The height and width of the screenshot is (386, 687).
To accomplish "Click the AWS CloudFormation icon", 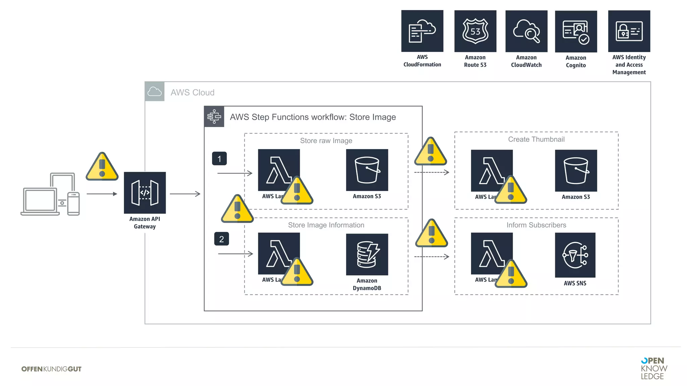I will [x=422, y=31].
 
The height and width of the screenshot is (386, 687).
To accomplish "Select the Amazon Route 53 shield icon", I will [x=475, y=31].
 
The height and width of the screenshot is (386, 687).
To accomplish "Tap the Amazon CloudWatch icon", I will [x=526, y=31].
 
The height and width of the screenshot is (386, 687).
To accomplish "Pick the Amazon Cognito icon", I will [x=576, y=31].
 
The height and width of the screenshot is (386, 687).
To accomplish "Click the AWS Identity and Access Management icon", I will [x=629, y=31].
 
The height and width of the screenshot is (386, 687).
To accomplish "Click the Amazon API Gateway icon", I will [x=145, y=193].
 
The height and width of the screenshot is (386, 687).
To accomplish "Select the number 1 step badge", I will [x=219, y=158].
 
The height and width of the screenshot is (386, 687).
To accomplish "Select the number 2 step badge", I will [x=221, y=239].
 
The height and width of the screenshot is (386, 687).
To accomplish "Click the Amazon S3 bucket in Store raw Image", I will [x=367, y=170].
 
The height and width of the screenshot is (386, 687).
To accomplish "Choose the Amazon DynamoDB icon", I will [x=367, y=254].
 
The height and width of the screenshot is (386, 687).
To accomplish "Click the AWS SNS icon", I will [x=575, y=255].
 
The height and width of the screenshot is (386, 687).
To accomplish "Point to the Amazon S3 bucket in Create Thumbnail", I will [x=576, y=171].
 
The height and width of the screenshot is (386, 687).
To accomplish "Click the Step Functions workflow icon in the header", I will [x=214, y=117].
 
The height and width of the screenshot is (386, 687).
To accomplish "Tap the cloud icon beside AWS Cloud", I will [x=154, y=91].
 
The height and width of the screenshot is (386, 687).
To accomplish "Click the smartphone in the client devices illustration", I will [x=73, y=203].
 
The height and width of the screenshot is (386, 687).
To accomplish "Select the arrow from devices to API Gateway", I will [x=102, y=194].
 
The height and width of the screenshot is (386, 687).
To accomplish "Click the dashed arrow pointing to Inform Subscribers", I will [x=431, y=257].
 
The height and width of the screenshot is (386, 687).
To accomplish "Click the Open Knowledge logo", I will [x=653, y=368].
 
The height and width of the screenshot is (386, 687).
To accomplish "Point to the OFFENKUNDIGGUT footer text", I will [x=51, y=369].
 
